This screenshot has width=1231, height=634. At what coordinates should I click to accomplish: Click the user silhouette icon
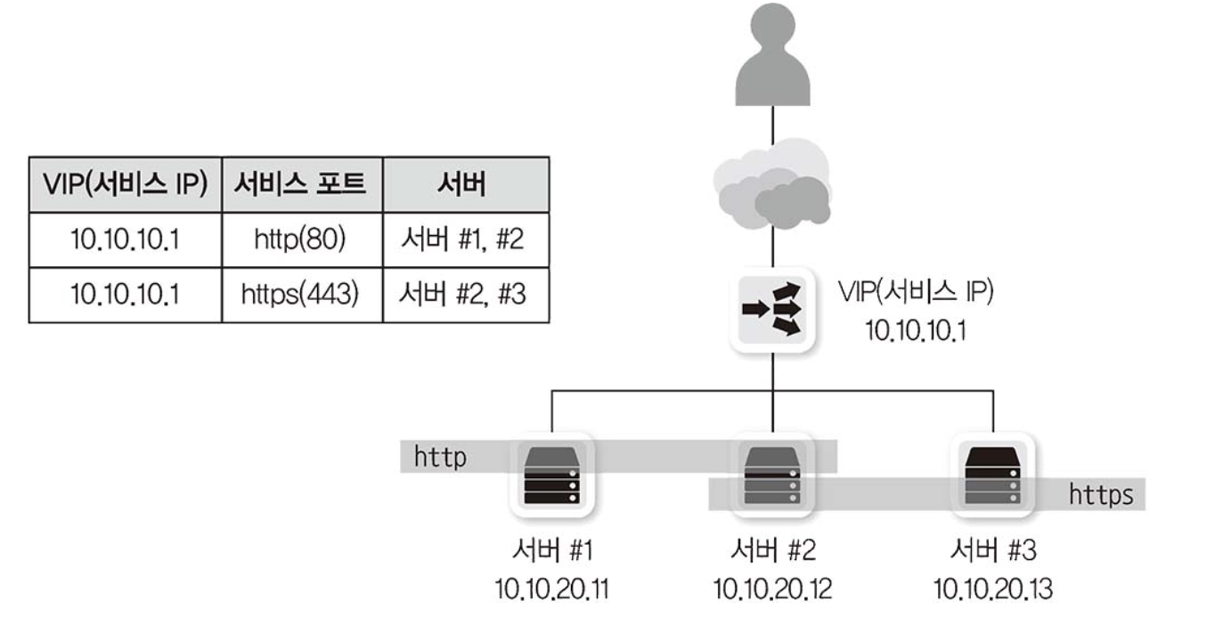coord(772,55)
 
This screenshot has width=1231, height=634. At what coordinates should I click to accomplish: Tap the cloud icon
coord(772,190)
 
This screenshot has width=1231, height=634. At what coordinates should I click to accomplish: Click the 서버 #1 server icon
coord(552,475)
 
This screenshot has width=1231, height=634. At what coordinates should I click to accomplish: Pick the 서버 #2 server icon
coord(772,475)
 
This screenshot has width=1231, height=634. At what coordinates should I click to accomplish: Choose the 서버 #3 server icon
coord(993,475)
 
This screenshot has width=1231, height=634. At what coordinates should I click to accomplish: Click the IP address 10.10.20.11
coord(552,589)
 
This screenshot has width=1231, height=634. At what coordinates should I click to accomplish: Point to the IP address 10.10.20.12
coord(772,589)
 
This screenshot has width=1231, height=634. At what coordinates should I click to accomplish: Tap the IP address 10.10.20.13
coord(993,589)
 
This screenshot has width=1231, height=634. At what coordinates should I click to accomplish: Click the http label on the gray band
coord(440,458)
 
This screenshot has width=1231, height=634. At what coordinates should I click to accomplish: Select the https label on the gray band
coord(1101,494)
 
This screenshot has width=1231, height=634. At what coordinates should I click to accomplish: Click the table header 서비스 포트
coord(302,184)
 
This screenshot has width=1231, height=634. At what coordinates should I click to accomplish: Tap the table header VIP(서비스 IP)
coord(125,184)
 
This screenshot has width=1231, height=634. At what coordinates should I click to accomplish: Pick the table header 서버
coord(465,184)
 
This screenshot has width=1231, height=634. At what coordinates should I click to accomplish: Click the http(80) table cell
coord(302,240)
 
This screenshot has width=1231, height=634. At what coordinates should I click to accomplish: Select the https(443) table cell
coord(302,295)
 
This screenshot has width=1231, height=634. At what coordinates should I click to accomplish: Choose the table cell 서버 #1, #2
coord(465,240)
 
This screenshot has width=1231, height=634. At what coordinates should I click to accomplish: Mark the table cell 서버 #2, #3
coord(465,295)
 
